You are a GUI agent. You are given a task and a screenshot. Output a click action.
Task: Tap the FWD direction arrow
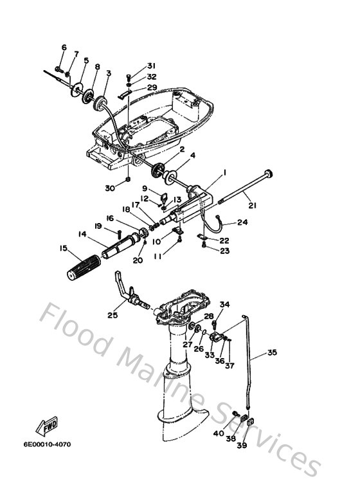coord(47,426)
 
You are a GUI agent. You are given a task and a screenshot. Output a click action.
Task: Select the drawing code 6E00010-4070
coord(47,444)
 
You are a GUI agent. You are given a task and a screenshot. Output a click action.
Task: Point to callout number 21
coord(252,205)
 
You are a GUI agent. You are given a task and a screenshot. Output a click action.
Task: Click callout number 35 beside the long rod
coord(272,352)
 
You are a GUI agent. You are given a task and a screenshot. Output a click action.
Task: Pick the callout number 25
coord(113,315)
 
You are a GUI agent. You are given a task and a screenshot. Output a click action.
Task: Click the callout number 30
coord(110,188)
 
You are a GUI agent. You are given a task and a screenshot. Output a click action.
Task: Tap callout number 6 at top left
coord(64,47)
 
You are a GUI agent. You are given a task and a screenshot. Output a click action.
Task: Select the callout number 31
coord(151,66)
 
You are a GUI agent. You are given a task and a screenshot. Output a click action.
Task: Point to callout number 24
coord(242,222)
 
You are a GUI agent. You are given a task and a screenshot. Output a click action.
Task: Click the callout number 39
coord(242,446)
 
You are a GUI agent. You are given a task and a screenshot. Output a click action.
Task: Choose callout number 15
coord(64,248)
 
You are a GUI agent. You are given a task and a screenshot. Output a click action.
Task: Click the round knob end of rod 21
coord(269,174)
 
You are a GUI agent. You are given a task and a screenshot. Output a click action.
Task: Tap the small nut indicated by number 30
coord(128,179)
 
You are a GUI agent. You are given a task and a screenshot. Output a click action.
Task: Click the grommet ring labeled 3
coord(100,104)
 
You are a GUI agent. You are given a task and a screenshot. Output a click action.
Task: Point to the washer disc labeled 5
coord(76,91)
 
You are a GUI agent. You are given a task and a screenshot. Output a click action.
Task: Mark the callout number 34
coord(225,304)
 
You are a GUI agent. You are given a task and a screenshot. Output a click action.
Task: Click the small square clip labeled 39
coord(250,422)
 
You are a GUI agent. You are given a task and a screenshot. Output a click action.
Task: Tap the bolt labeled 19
coord(120,235)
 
